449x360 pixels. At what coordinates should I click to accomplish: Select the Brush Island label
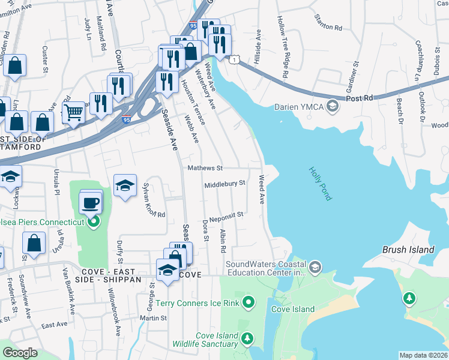tap(408, 250)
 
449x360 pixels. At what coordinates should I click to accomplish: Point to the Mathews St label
tap(205, 168)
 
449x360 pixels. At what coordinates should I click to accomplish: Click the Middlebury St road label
tap(225, 184)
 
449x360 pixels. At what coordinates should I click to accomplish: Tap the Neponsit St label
tap(226, 214)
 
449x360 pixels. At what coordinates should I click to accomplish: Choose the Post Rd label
tap(360, 97)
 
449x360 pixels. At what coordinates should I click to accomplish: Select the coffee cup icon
tap(90, 203)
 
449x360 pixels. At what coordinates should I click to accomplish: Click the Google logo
tap(20, 353)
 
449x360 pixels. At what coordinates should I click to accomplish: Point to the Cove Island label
tap(292, 309)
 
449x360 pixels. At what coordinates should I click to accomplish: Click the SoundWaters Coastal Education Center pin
tap(316, 266)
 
